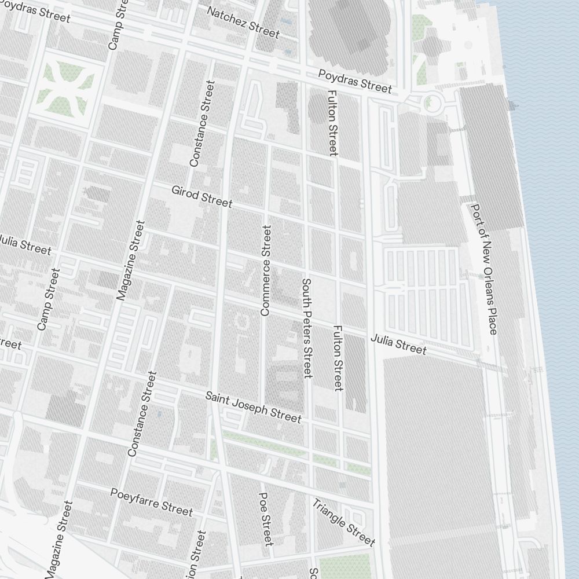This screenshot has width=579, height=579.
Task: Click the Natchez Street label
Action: [x=243, y=23]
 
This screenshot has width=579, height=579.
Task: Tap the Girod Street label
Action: [x=201, y=196]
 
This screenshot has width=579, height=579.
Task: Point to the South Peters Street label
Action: [x=307, y=328]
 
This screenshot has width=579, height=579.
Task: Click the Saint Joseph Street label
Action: [x=253, y=406]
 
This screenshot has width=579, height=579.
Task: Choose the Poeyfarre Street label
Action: [x=151, y=501]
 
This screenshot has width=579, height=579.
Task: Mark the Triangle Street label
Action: [x=343, y=522]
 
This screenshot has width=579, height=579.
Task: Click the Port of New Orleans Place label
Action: [x=484, y=269]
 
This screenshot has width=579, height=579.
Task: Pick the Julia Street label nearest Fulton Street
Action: [x=398, y=344]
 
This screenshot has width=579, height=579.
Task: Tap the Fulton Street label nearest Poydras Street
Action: [x=332, y=122]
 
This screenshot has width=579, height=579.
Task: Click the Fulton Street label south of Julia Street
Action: [x=338, y=357]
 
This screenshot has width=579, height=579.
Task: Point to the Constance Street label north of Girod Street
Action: [x=201, y=124]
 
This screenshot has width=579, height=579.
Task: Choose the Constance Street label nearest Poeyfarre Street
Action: [x=142, y=413]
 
